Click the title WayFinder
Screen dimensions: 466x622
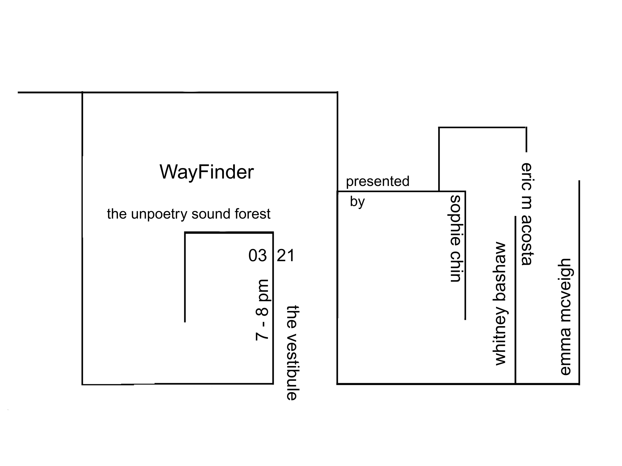coord(207,172)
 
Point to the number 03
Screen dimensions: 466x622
coord(257,255)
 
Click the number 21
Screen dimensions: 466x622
coord(286,255)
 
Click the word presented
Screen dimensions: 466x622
coord(377,181)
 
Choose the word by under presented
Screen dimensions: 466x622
coord(357,202)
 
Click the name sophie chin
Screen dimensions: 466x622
coord(455,239)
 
